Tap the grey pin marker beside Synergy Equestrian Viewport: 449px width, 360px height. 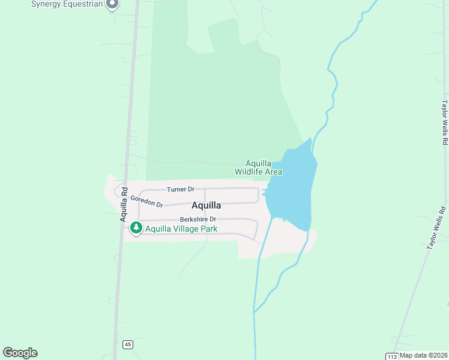point(112,5)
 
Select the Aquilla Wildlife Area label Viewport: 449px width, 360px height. point(259,167)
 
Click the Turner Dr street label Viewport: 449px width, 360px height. point(180,189)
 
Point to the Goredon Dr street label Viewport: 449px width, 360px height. point(146,202)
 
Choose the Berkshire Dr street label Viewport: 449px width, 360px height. point(197,219)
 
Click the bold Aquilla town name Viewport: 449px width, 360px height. point(206,205)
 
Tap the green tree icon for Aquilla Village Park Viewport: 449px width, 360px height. point(136,228)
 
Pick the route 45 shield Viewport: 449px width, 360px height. point(128,344)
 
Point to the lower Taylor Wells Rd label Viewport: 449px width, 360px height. point(437,229)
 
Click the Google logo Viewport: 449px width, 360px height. point(20,353)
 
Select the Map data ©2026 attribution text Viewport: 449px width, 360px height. point(423,355)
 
